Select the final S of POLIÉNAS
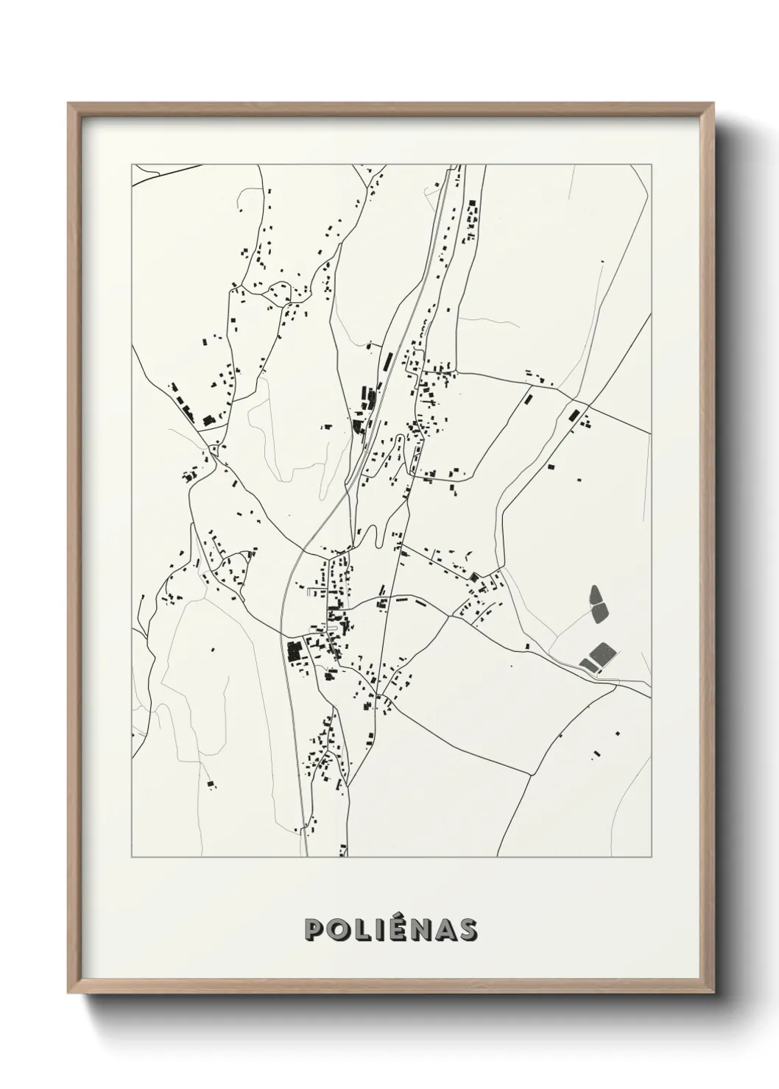click(465, 929)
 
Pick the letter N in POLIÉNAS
click(417, 929)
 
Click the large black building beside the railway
click(294, 650)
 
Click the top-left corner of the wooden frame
click(68, 104)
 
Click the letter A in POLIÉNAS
click(443, 929)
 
